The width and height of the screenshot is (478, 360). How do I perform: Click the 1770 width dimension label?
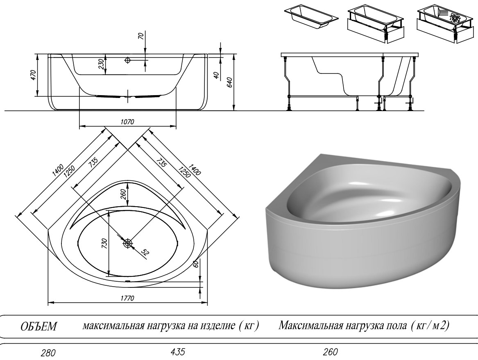[127, 298]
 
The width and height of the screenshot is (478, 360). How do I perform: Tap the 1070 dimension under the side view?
[127, 122]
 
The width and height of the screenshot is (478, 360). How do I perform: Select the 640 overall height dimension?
[230, 82]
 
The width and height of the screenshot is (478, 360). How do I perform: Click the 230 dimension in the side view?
[102, 64]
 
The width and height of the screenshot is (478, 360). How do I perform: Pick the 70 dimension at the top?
[141, 36]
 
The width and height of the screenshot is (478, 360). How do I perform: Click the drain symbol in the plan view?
[128, 243]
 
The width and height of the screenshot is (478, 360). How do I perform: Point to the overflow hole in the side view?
[127, 60]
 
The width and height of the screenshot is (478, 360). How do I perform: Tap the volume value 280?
[48, 353]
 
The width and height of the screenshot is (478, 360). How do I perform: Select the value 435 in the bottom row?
[178, 352]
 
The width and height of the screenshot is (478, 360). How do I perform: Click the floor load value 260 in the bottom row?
[330, 352]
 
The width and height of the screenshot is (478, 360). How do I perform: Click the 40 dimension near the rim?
[216, 75]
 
